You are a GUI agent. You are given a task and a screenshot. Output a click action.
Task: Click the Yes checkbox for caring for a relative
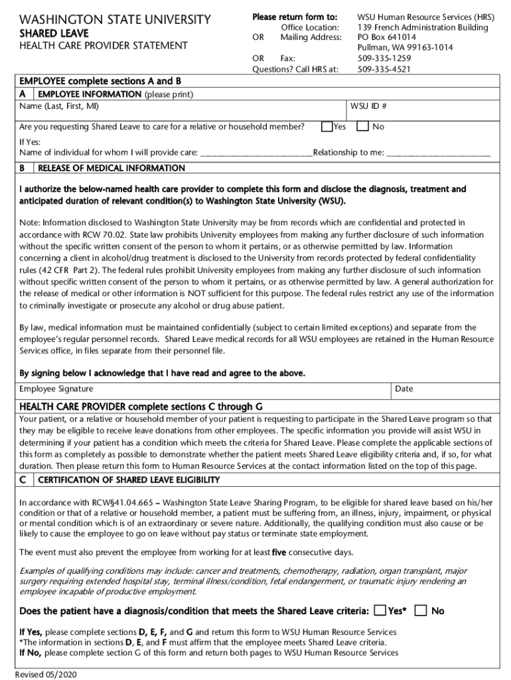[327, 126]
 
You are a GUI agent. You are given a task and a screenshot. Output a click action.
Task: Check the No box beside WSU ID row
[363, 126]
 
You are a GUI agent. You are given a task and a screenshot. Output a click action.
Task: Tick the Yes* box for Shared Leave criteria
[380, 610]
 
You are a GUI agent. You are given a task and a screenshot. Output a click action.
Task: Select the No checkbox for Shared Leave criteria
[420, 610]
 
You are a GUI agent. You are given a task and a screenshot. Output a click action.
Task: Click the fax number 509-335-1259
[384, 58]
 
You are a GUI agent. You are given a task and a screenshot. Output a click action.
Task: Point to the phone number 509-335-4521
[384, 68]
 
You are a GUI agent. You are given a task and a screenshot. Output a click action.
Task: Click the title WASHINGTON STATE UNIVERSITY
[115, 20]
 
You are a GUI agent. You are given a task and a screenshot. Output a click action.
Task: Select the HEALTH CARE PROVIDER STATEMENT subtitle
[104, 46]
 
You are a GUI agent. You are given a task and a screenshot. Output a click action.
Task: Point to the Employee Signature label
[56, 388]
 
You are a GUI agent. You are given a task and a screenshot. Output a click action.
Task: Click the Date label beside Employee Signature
[404, 388]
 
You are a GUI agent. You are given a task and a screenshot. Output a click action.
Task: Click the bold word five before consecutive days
[279, 552]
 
